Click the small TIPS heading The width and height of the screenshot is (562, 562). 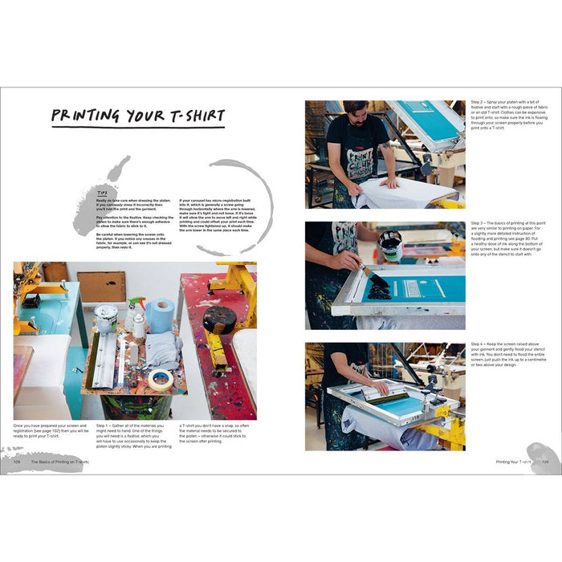pos(101,193)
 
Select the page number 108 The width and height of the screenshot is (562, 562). pos(16,462)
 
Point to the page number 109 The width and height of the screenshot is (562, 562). pos(544,462)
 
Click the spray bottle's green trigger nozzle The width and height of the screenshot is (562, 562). pos(137,302)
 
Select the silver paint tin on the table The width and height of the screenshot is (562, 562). pos(105,316)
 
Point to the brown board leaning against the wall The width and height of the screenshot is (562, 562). pos(101,286)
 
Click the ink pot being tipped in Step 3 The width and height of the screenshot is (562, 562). pos(389,245)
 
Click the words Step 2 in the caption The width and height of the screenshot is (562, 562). pos(478,103)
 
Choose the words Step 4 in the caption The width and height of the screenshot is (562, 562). pos(478,346)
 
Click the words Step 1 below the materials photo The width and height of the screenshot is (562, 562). pos(104,425)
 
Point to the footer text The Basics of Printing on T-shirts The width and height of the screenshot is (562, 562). pos(60,462)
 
